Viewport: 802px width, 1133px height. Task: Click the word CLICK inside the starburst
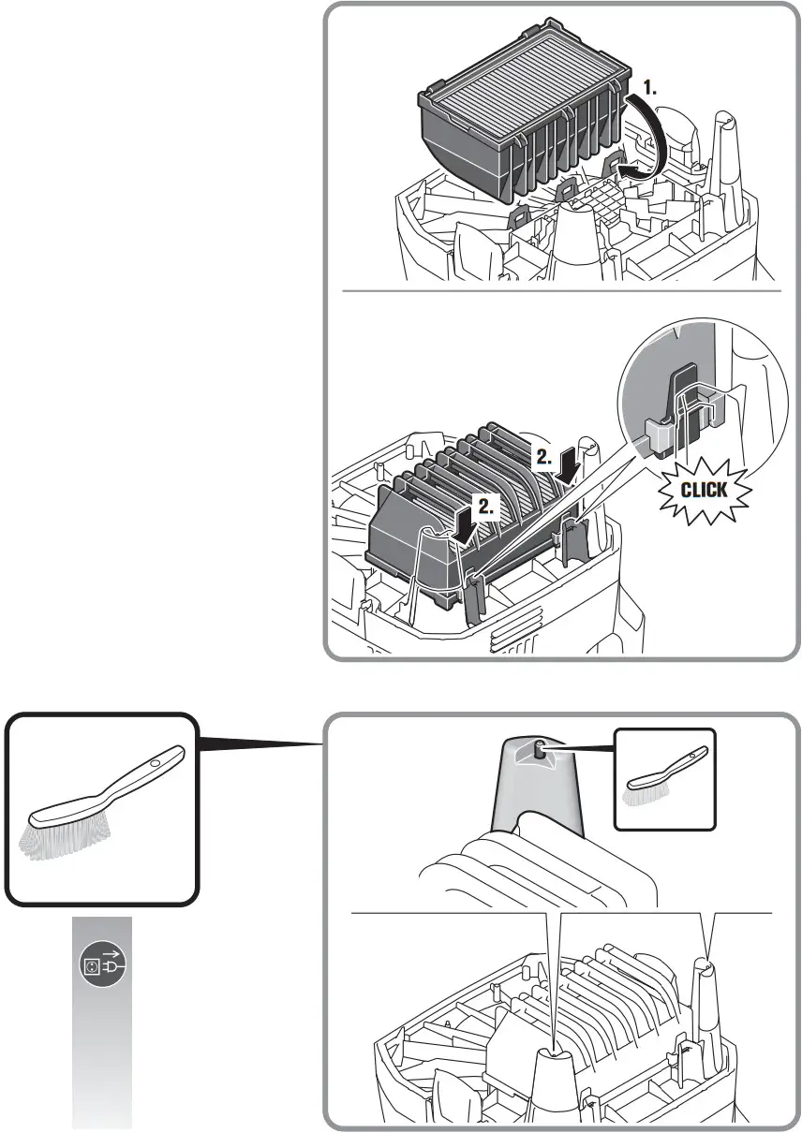[x=703, y=489]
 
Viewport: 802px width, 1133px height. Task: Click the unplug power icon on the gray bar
[x=102, y=964]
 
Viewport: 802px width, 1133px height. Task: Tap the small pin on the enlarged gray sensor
[x=541, y=750]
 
